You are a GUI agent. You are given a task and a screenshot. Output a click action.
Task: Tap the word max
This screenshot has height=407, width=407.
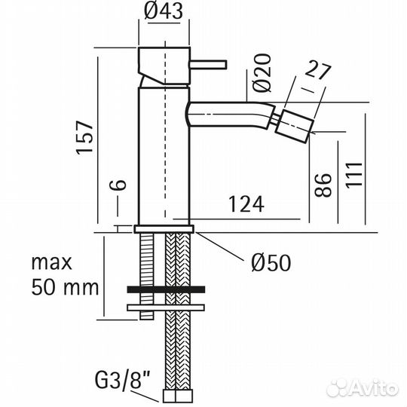pyautogui.click(x=50, y=262)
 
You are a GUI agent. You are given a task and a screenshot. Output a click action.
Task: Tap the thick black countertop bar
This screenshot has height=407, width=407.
pyautogui.click(x=166, y=289)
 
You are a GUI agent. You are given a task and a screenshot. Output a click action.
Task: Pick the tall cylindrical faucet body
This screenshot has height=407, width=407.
pyautogui.click(x=163, y=151)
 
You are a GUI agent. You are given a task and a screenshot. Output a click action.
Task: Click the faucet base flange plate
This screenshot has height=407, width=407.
pyautogui.click(x=164, y=228)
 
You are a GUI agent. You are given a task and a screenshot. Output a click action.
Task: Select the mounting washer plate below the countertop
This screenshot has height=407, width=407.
pyautogui.click(x=166, y=307)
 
